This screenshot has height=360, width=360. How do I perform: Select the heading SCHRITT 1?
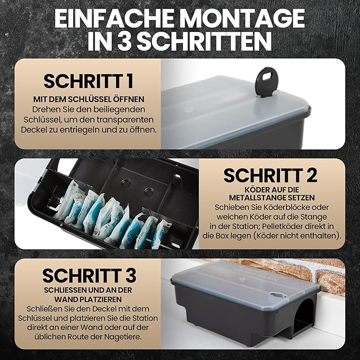coord(88,81)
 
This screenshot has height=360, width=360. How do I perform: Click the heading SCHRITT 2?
coord(270,174)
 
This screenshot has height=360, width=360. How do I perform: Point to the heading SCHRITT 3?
coord(89,275)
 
